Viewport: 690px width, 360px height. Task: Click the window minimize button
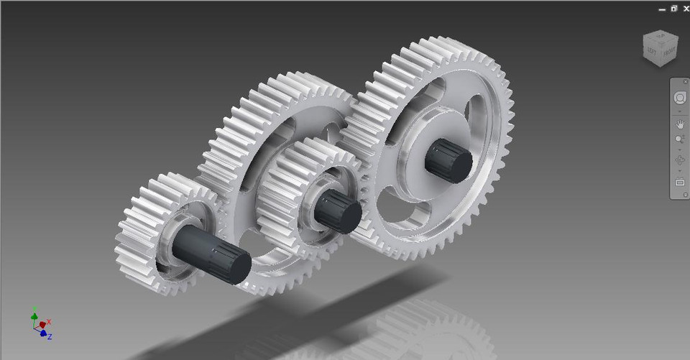(x=662, y=9)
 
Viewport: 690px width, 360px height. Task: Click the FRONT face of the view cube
(x=668, y=52)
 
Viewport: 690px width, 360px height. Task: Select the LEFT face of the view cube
(x=652, y=52)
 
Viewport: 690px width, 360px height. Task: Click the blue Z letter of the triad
(x=50, y=336)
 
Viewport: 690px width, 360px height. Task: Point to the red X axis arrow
(x=45, y=323)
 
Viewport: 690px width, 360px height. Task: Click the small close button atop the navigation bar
(x=685, y=82)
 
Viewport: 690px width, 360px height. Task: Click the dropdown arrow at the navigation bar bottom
(x=685, y=194)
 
